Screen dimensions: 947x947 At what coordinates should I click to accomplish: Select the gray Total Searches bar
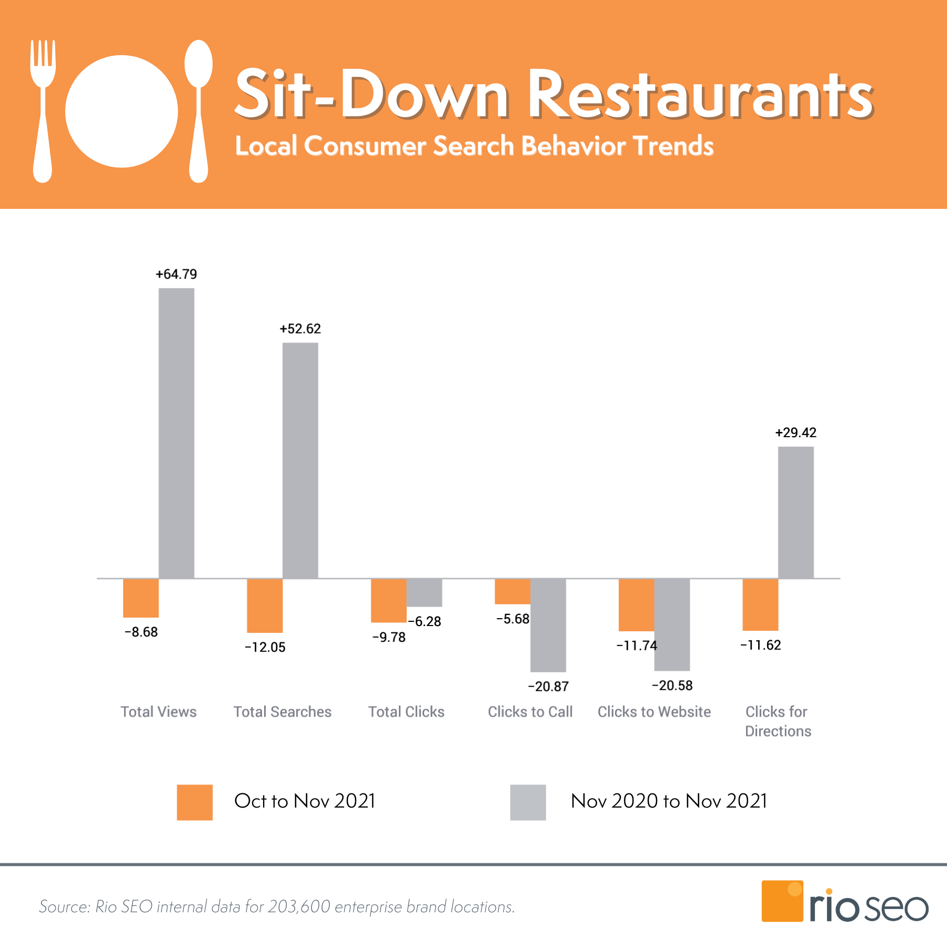[x=300, y=460]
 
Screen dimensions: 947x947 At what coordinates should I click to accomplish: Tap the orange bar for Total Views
[x=140, y=598]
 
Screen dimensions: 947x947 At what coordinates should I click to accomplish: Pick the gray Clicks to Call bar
[x=548, y=625]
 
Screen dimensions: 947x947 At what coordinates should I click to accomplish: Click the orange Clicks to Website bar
[x=636, y=605]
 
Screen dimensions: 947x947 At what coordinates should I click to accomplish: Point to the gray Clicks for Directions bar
[x=795, y=512]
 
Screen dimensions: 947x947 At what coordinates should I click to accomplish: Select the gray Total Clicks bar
[x=424, y=592]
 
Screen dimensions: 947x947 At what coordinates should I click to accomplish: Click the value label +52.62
[x=300, y=329]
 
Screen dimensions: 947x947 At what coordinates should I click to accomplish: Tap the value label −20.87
[x=548, y=687]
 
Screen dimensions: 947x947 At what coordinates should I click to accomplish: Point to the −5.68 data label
[x=512, y=619]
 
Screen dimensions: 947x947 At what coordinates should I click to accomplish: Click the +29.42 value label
[x=795, y=432]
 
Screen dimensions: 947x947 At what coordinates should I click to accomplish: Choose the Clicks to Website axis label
[x=654, y=712]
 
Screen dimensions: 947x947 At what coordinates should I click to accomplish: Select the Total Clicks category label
[x=406, y=712]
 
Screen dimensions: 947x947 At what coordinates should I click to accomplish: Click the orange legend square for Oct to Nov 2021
[x=195, y=802]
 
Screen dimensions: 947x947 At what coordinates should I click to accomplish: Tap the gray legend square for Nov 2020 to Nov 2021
[x=528, y=802]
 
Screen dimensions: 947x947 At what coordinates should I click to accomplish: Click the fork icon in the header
[x=43, y=110]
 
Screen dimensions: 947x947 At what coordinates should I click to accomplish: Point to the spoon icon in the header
[x=198, y=110]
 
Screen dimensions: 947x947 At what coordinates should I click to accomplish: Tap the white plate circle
[x=122, y=112]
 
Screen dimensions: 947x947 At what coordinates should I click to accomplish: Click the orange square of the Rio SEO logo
[x=782, y=901]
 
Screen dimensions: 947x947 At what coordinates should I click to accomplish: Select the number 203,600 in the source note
[x=299, y=906]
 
